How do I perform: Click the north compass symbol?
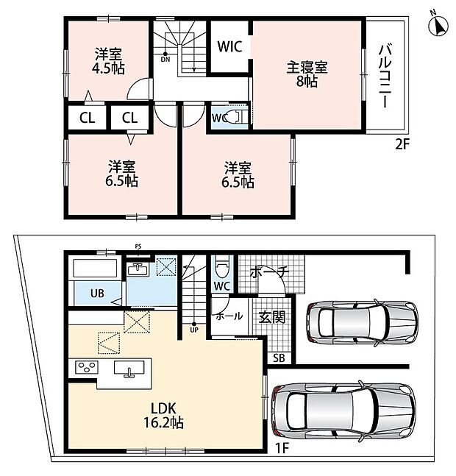click(438, 25)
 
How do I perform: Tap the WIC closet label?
click(229, 46)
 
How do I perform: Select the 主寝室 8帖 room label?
click(307, 74)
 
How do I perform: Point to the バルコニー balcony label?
click(385, 76)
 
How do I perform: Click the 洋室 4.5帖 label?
click(108, 61)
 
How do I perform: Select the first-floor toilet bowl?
click(222, 267)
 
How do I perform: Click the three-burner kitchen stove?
click(87, 367)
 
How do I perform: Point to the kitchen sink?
click(129, 367)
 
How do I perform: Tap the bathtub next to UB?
click(96, 269)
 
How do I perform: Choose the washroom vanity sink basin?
click(138, 269)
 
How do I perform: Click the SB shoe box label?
click(279, 358)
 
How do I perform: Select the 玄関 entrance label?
click(272, 317)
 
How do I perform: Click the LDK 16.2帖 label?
click(163, 416)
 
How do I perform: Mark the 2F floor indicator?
click(402, 144)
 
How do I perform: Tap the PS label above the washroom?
click(138, 246)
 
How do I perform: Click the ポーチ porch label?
click(268, 272)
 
